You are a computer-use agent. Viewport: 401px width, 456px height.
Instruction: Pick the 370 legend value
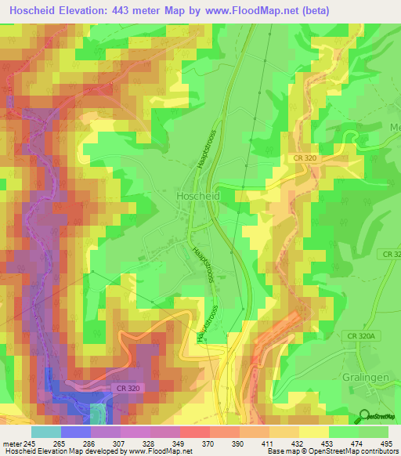point(209,443)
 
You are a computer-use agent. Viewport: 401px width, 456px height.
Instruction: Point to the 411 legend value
point(269,443)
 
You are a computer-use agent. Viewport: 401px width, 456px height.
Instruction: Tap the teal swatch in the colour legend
point(46,432)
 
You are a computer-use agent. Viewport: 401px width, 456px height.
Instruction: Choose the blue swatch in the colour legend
point(76,432)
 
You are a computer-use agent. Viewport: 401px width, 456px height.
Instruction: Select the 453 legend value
point(328,443)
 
